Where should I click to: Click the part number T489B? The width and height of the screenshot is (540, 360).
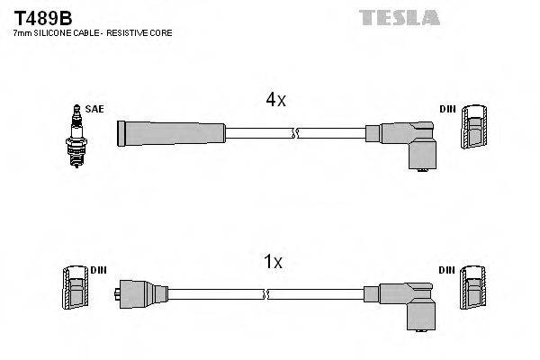[35, 17]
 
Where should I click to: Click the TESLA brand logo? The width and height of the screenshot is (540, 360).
[400, 17]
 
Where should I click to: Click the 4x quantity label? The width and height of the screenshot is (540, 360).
[274, 101]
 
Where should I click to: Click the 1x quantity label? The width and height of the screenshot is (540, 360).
[274, 262]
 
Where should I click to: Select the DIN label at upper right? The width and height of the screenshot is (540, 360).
[447, 109]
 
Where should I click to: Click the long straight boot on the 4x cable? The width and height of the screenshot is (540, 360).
[171, 133]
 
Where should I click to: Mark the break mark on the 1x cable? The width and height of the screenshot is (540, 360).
[267, 293]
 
